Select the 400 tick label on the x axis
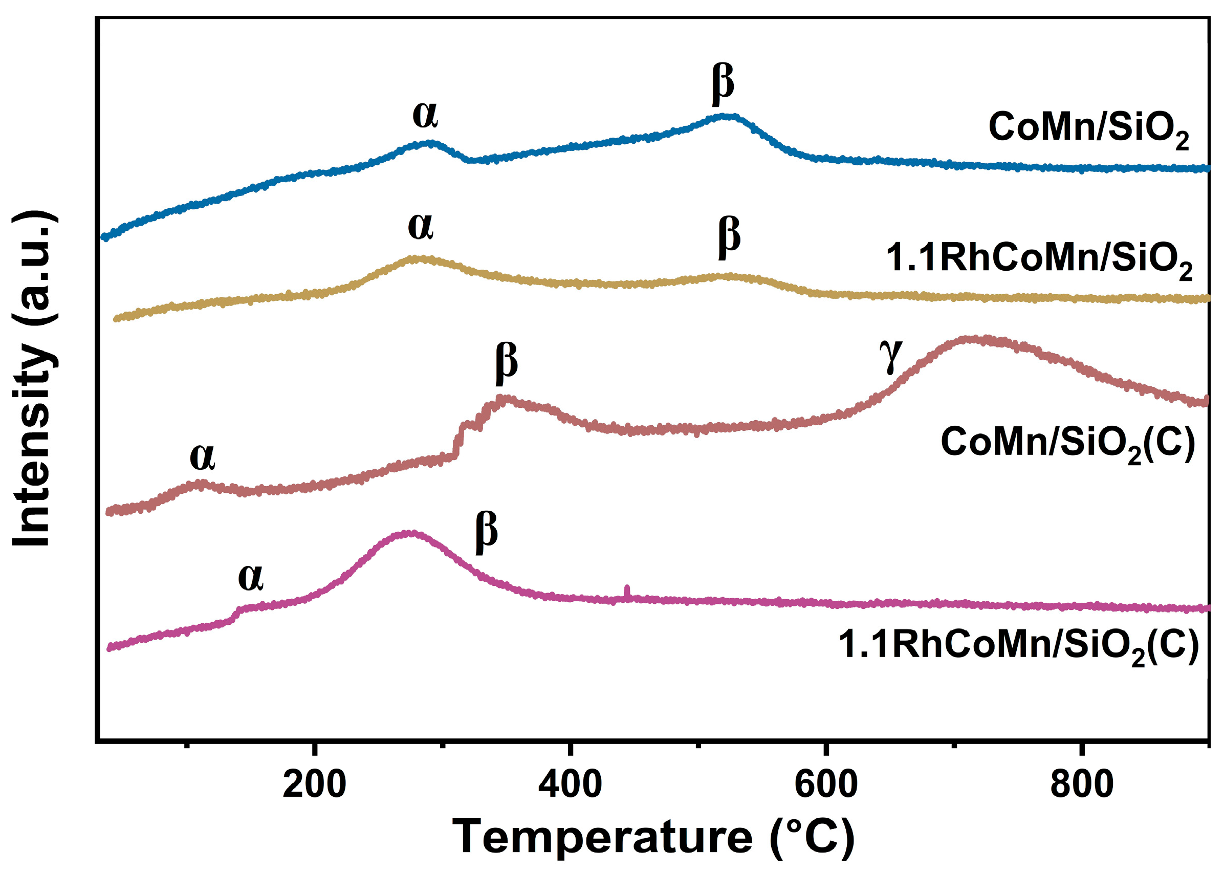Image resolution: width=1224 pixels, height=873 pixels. (570, 785)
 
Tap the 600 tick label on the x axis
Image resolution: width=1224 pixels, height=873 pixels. (826, 785)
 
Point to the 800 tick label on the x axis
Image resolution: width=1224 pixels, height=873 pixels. (1082, 785)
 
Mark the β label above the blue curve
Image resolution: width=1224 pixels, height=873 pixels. (723, 86)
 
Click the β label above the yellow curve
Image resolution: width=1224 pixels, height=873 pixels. (729, 238)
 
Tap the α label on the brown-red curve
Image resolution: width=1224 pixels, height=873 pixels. (203, 457)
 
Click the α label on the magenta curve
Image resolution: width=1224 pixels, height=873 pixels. (251, 578)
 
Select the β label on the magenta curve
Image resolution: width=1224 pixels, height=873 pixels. (487, 533)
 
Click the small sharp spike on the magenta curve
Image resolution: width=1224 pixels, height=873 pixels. (626, 592)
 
